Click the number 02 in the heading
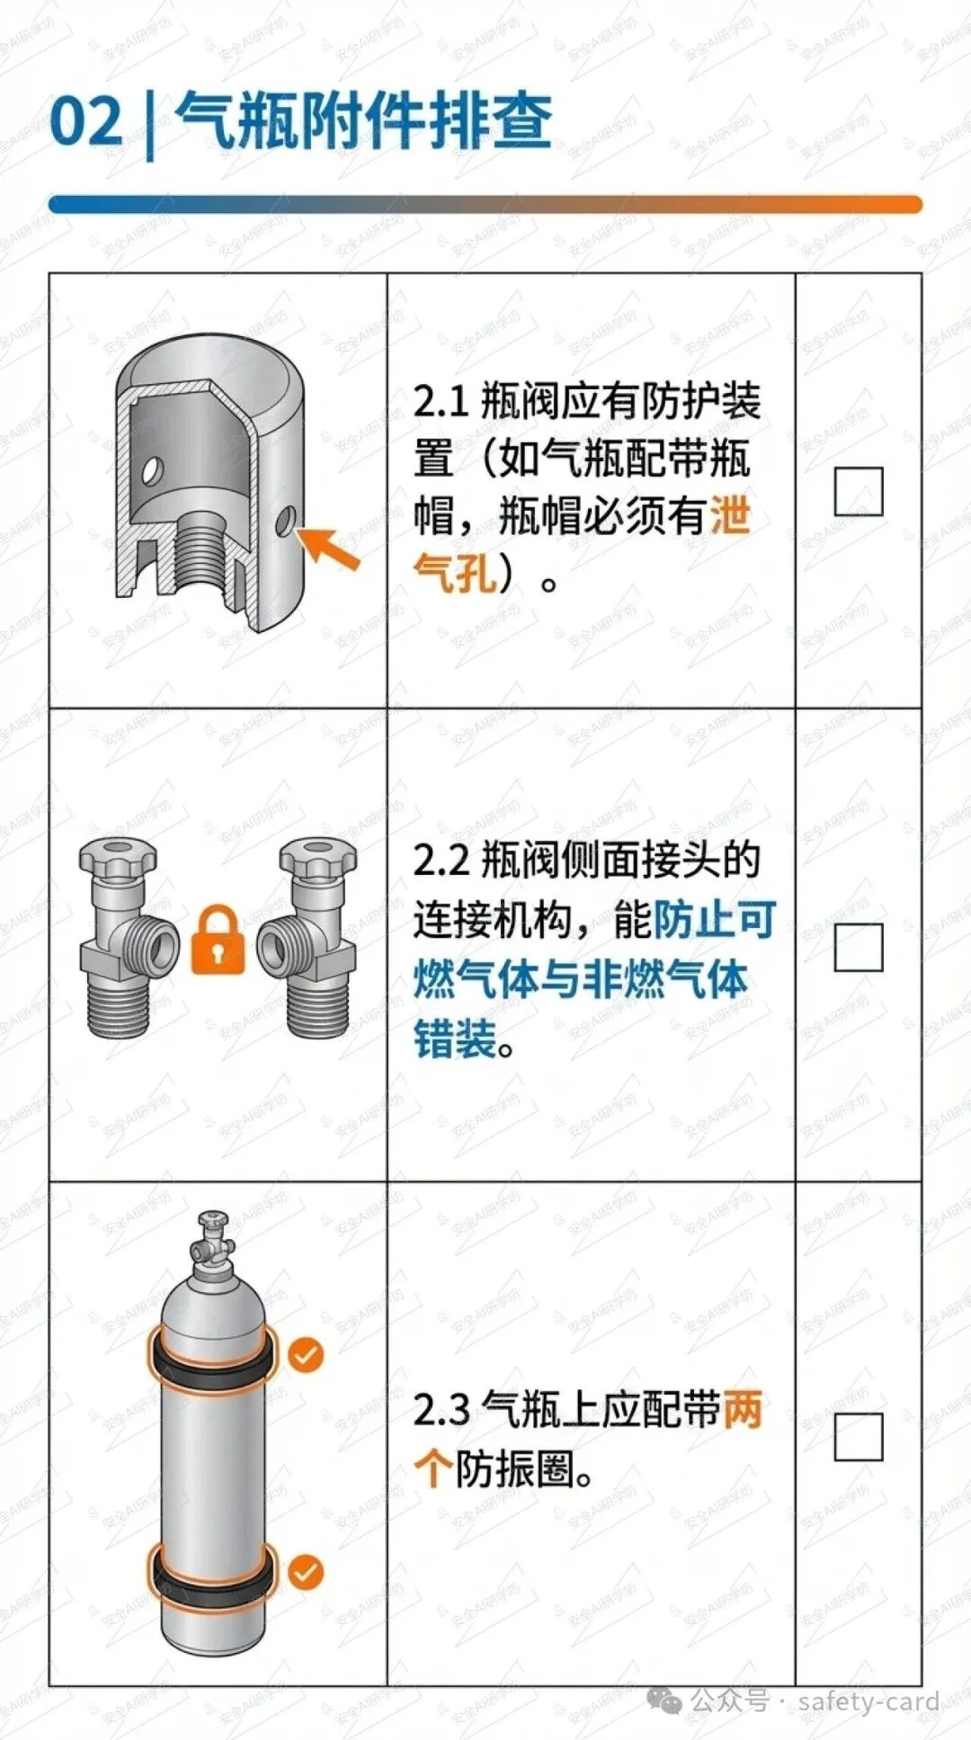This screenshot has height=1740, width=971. pyautogui.click(x=85, y=121)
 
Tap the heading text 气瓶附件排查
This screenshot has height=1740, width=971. pyautogui.click(x=363, y=120)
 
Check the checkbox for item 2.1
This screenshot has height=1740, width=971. pyautogui.click(x=858, y=491)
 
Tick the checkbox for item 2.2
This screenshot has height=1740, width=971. pyautogui.click(x=858, y=947)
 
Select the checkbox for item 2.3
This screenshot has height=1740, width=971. pyautogui.click(x=858, y=1436)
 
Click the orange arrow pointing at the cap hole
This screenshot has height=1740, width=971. pyautogui.click(x=329, y=548)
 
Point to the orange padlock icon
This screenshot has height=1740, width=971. pyautogui.click(x=218, y=940)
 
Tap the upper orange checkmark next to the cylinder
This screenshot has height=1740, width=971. pyautogui.click(x=306, y=1355)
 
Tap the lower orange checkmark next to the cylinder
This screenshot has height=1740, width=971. pyautogui.click(x=306, y=1573)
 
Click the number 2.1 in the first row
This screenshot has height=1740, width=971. pyautogui.click(x=441, y=401)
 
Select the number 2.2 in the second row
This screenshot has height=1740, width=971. pyautogui.click(x=441, y=861)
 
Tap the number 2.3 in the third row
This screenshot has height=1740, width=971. pyautogui.click(x=441, y=1410)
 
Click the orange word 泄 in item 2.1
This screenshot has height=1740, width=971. pyautogui.click(x=730, y=516)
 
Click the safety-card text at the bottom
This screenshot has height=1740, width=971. pyautogui.click(x=869, y=1701)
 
